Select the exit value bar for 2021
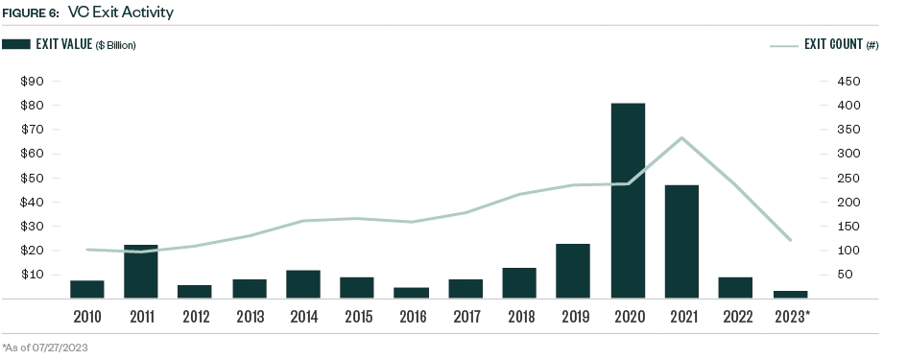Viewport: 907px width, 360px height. (x=681, y=241)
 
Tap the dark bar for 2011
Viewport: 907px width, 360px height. (x=141, y=271)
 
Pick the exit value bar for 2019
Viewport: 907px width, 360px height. (x=573, y=271)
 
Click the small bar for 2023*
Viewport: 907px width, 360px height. (x=790, y=294)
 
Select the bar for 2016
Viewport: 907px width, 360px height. (x=412, y=293)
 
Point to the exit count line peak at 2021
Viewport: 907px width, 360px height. (x=681, y=138)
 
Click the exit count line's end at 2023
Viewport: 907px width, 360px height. (x=790, y=240)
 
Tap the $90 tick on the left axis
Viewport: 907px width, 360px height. (x=34, y=82)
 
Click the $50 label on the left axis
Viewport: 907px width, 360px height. (x=34, y=178)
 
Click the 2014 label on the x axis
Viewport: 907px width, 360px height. (x=303, y=315)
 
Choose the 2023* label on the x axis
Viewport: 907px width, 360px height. (x=791, y=315)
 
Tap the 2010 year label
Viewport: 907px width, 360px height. (x=86, y=315)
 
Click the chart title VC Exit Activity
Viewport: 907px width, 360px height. (x=121, y=12)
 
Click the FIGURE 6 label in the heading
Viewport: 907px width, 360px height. (x=30, y=13)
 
